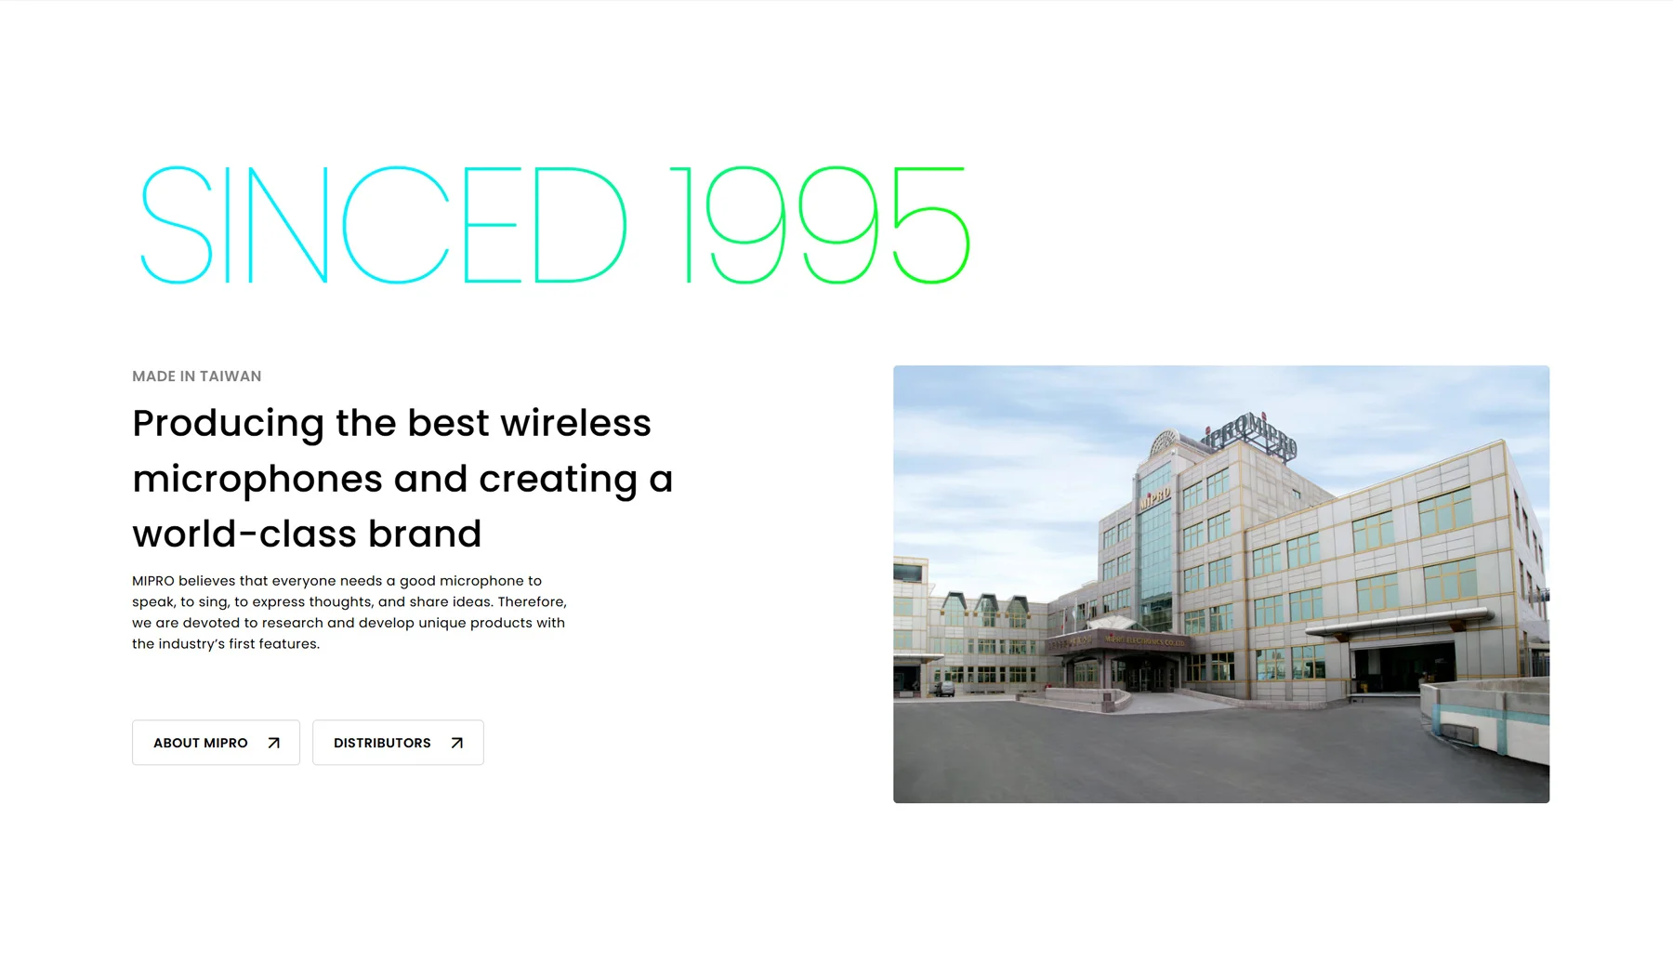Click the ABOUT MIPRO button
pos(216,743)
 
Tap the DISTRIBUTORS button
pos(398,743)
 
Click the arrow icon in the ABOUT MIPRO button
pos(273,743)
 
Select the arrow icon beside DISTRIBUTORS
pos(456,743)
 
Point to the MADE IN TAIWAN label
pos(197,376)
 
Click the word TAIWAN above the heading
pos(231,376)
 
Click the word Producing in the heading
pos(228,425)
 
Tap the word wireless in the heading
pos(576,423)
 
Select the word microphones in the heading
pos(257,481)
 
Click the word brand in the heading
pos(425,534)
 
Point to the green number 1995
pos(820,225)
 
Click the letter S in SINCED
pos(177,225)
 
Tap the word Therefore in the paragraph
pos(530,602)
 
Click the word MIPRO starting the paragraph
pos(153,581)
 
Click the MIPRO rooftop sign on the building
pos(1250,436)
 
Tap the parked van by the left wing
pos(943,689)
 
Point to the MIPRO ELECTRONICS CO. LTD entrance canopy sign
pos(1145,641)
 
